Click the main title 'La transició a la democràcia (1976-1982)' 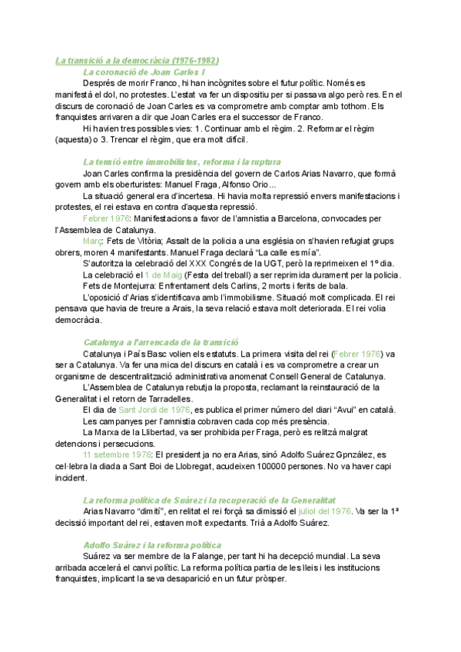(138, 60)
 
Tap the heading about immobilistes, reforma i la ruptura (181, 162)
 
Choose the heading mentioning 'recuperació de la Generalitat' (209, 500)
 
